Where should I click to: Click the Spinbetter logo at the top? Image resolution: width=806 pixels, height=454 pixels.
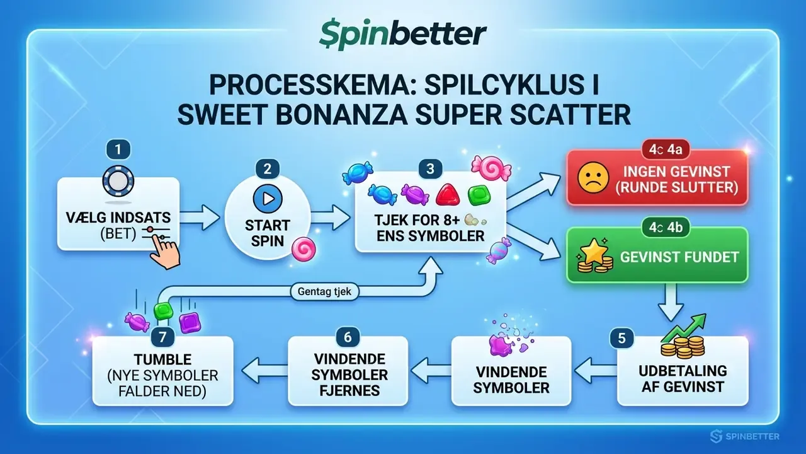[403, 35]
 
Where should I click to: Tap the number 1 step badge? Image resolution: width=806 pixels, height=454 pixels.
[118, 149]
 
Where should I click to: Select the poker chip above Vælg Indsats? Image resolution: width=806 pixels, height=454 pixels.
[118, 181]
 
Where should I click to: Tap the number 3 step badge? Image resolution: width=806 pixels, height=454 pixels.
[430, 169]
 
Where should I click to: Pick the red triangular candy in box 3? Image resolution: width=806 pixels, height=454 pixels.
[448, 195]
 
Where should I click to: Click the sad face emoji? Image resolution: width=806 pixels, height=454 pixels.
[593, 178]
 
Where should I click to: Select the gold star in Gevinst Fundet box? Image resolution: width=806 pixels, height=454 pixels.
[593, 250]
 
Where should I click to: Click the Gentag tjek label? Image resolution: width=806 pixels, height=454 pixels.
[324, 291]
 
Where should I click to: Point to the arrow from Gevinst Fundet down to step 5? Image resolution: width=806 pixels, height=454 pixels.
[671, 302]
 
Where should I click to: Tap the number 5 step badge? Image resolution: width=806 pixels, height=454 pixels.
[622, 339]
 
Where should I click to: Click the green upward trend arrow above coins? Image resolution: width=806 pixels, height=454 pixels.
[684, 328]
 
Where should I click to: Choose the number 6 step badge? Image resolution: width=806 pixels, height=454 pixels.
[348, 337]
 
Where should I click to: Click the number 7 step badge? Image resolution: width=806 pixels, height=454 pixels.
[162, 337]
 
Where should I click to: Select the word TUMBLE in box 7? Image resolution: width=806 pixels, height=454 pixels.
[162, 359]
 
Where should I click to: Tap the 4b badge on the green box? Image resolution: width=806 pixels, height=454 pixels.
[666, 228]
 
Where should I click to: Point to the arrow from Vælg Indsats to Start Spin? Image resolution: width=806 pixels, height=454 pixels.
[200, 218]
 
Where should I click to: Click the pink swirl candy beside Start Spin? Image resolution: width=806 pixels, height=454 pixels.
[304, 249]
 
